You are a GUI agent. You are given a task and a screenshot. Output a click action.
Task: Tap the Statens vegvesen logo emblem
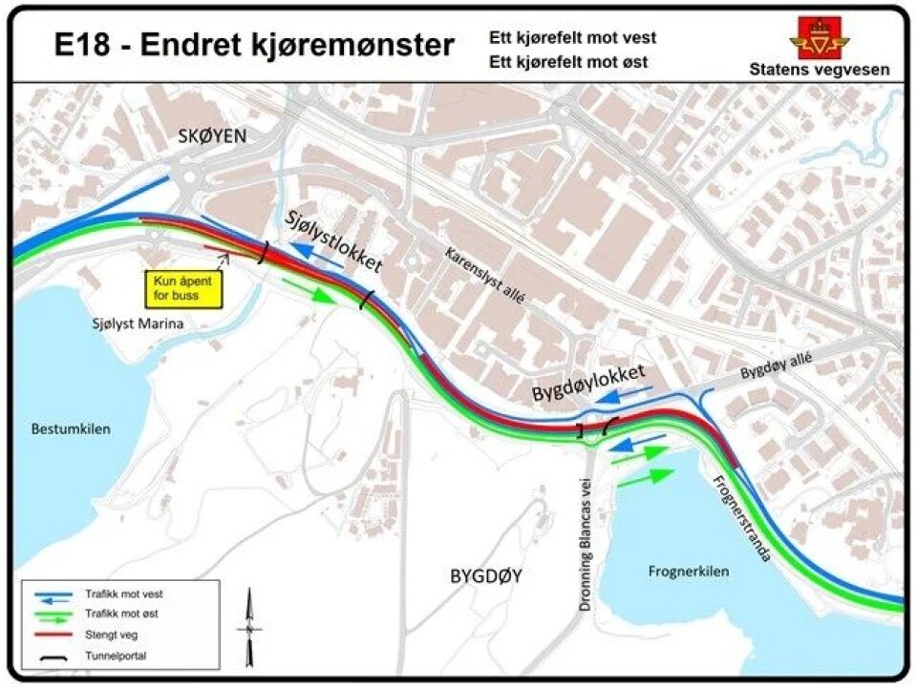tap(819, 37)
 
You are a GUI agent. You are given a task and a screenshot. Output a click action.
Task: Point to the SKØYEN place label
tap(212, 136)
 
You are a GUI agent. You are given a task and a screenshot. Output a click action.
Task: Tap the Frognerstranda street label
tap(741, 515)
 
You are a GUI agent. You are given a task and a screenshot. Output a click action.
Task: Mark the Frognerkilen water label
tap(689, 572)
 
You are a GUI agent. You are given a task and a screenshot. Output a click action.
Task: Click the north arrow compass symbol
tap(250, 627)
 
